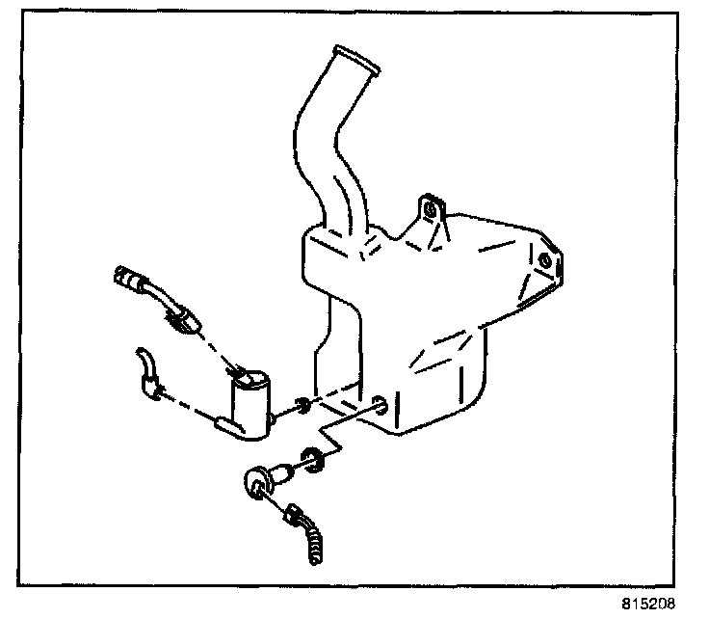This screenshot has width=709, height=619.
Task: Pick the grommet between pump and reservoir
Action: pos(302,405)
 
